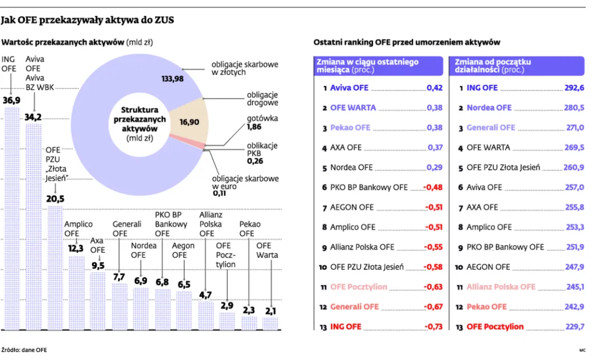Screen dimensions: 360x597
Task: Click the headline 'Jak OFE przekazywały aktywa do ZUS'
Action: coord(87,21)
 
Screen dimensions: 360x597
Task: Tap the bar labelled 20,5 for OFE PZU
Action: coord(55,267)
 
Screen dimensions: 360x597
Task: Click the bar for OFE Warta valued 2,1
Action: coord(270,324)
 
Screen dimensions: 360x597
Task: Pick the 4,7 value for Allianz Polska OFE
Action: coord(205,295)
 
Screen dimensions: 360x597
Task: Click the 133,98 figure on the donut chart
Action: coord(172,79)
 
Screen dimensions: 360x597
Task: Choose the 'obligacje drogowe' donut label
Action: coord(262,99)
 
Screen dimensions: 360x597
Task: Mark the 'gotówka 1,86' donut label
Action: coord(262,123)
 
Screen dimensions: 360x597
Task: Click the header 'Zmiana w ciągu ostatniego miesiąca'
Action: coord(367,66)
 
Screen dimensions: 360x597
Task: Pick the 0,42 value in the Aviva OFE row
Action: coord(434,88)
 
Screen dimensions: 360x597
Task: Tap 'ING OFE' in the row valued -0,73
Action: coord(346,327)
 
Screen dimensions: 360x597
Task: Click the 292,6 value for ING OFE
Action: coord(574,88)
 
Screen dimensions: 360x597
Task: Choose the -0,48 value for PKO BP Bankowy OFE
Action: coord(434,188)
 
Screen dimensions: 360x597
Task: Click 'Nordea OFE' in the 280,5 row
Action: coord(489,108)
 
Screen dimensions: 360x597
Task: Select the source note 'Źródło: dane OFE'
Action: coord(24,350)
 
